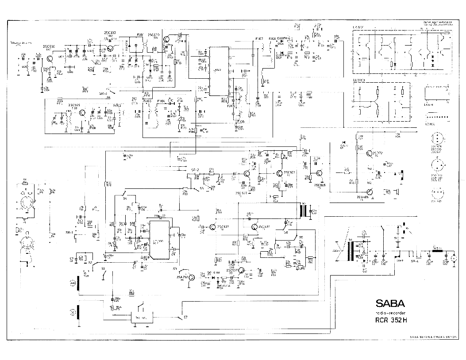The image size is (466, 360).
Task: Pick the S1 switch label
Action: (x=104, y=268)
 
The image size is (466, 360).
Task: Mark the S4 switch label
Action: (x=125, y=199)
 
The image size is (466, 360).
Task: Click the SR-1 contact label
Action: (x=69, y=232)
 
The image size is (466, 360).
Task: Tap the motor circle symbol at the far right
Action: (x=454, y=257)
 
